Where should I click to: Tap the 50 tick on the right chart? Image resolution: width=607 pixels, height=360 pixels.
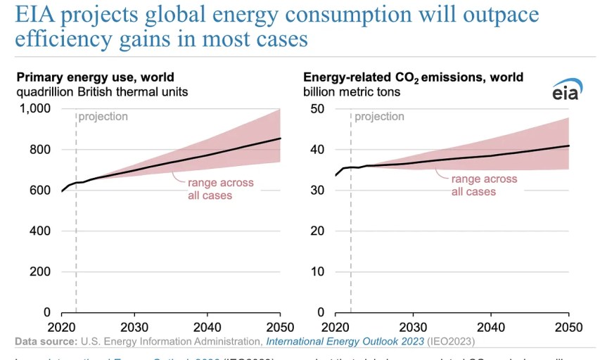click(317, 109)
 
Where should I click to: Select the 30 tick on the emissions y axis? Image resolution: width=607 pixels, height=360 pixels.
click(317, 191)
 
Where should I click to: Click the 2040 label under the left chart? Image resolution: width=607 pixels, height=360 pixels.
click(207, 328)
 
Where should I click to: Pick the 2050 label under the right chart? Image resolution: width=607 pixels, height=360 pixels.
click(568, 328)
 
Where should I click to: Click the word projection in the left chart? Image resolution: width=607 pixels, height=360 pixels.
click(103, 117)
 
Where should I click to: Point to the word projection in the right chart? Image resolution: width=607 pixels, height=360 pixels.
click(379, 117)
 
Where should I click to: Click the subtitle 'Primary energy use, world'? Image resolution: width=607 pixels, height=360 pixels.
click(95, 77)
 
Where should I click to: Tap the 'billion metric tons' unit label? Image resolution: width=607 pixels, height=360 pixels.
click(352, 92)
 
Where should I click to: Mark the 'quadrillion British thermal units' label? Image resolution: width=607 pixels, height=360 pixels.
click(102, 92)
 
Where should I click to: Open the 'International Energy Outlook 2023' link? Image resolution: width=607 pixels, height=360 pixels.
click(344, 342)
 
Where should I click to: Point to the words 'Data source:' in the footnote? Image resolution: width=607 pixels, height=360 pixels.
click(46, 342)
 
